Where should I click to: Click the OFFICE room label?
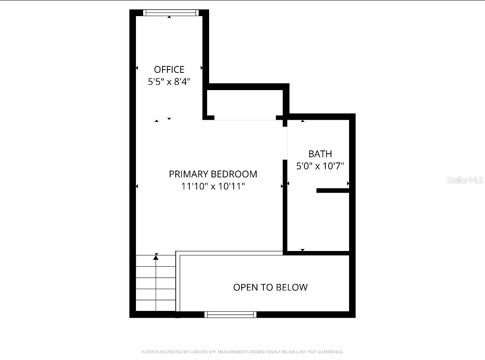(x=169, y=70)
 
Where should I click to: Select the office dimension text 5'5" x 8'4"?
(x=169, y=82)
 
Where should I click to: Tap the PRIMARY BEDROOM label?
(x=213, y=174)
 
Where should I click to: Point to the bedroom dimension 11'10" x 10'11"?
(x=213, y=186)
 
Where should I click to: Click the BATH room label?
(x=320, y=154)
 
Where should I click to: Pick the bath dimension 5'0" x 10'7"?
(x=320, y=166)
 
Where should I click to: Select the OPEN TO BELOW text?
(x=270, y=287)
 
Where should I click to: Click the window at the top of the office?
(x=171, y=12)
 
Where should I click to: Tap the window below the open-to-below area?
(x=230, y=315)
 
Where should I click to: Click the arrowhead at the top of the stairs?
(x=156, y=257)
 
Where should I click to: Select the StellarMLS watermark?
(x=465, y=180)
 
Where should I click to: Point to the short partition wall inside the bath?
(x=332, y=191)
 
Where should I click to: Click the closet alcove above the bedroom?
(x=245, y=105)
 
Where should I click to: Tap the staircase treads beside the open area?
(x=156, y=283)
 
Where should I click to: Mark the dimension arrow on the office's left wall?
(x=137, y=68)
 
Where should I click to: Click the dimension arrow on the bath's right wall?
(x=348, y=184)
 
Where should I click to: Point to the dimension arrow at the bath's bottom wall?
(x=302, y=250)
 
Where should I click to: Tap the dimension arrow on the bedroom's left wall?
(x=137, y=186)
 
